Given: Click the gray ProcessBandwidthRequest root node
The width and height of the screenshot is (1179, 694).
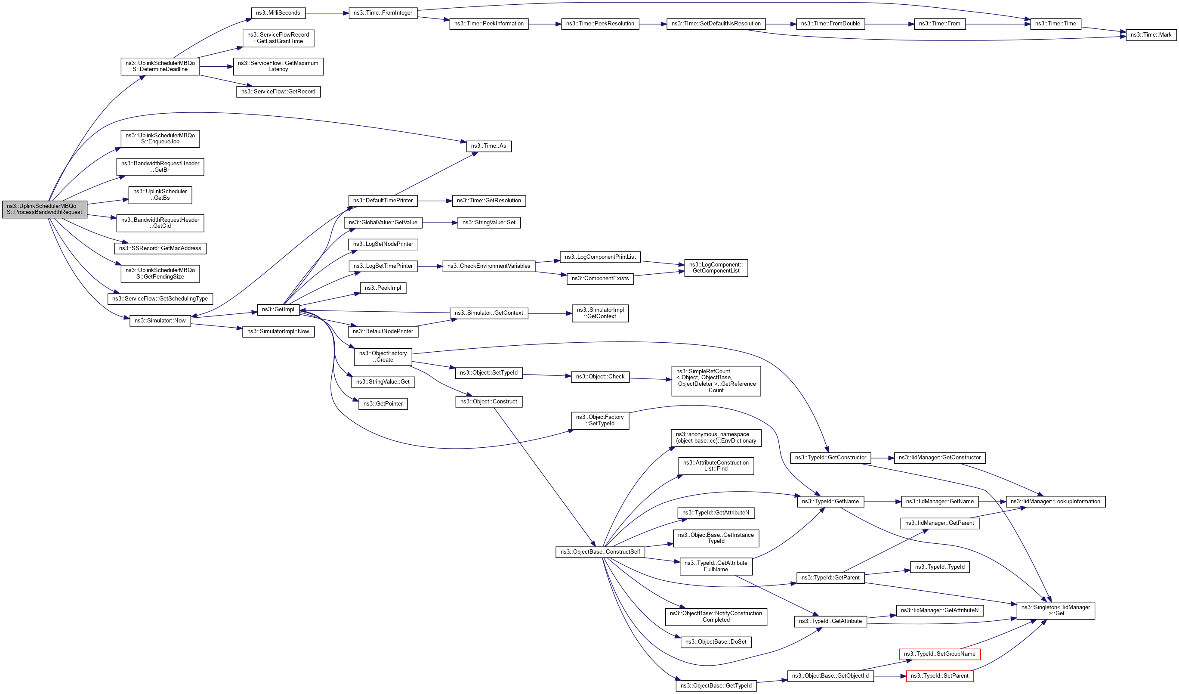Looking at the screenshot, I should pyautogui.click(x=44, y=209).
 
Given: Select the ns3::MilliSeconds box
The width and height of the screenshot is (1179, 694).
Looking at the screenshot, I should pyautogui.click(x=278, y=13).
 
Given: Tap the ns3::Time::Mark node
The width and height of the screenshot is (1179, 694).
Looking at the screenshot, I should pyautogui.click(x=1151, y=34).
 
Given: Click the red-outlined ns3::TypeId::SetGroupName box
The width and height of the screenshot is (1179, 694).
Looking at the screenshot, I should pyautogui.click(x=939, y=654).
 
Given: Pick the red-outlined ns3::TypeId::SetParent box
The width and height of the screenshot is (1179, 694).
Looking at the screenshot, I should pyautogui.click(x=939, y=676).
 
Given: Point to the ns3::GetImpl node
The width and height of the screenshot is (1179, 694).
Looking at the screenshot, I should pyautogui.click(x=278, y=309).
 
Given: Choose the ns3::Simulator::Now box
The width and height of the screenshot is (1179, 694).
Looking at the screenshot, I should pyautogui.click(x=160, y=321).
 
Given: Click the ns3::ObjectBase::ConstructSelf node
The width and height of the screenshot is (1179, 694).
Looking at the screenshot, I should pyautogui.click(x=600, y=552).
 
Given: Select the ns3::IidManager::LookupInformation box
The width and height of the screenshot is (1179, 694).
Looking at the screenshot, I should pyautogui.click(x=1055, y=501).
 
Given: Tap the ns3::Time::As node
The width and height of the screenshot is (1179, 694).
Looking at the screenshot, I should pyautogui.click(x=488, y=146).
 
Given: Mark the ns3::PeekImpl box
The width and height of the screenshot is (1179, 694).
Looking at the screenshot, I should pyautogui.click(x=383, y=288).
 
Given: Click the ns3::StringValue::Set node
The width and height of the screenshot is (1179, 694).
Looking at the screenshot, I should pyautogui.click(x=488, y=222).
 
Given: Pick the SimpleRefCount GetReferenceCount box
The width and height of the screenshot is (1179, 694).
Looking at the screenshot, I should pyautogui.click(x=716, y=381).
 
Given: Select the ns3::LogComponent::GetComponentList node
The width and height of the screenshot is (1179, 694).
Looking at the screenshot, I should pyautogui.click(x=716, y=268).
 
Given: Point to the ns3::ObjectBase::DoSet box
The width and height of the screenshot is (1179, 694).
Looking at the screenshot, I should pyautogui.click(x=716, y=641).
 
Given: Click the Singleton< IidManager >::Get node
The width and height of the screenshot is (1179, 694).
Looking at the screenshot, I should pyautogui.click(x=1055, y=610).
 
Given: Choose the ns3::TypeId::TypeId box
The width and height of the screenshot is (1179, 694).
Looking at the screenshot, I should pyautogui.click(x=939, y=567).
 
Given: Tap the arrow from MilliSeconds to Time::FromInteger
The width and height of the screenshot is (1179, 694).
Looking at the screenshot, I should pyautogui.click(x=327, y=13).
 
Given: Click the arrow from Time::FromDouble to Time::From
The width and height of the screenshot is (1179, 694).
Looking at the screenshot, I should pyautogui.click(x=889, y=24).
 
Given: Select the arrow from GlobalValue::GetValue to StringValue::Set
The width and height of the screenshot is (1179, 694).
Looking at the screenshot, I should pyautogui.click(x=439, y=223).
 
